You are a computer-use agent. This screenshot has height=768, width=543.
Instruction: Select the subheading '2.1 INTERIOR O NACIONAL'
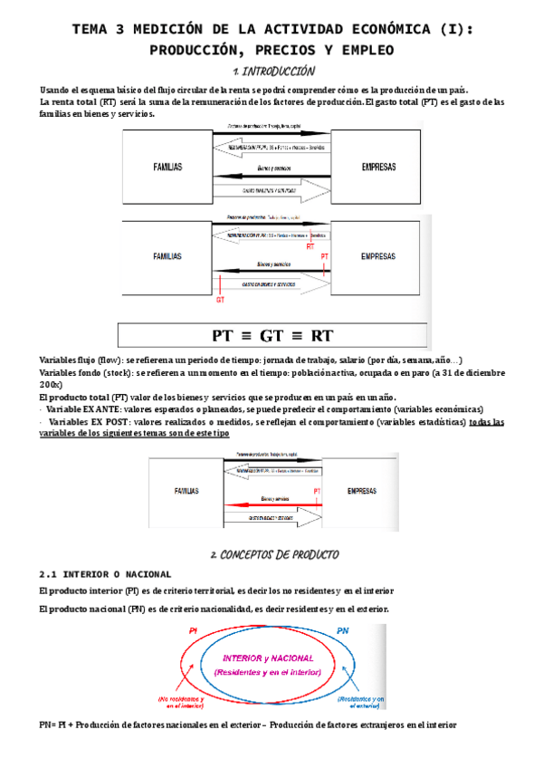(105, 574)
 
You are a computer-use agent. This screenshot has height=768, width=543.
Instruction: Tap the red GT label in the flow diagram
(220, 300)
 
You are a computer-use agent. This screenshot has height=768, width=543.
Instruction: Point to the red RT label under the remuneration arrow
(310, 245)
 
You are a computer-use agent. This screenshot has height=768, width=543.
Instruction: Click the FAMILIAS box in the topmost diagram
(167, 167)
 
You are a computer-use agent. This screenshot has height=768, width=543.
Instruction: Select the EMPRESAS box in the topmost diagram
(377, 167)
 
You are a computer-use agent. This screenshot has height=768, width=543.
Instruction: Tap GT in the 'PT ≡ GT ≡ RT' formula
(272, 335)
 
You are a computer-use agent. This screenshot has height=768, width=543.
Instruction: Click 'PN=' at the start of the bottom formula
(50, 725)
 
